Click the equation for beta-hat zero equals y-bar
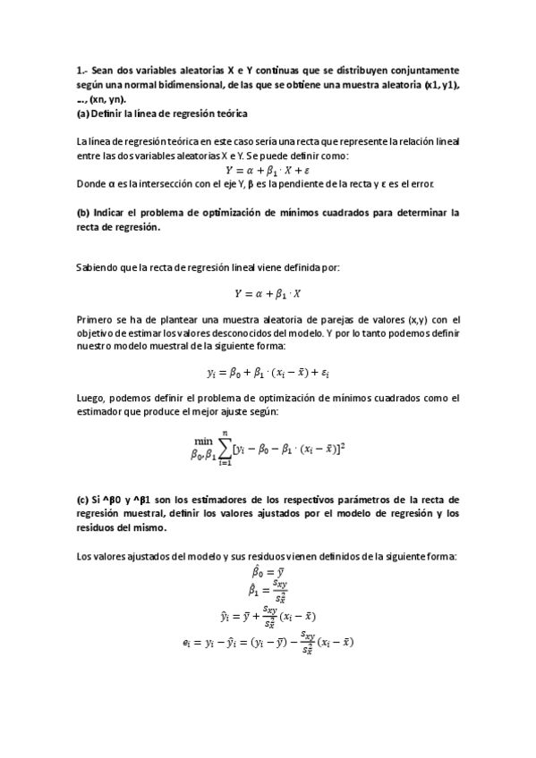pyautogui.click(x=268, y=571)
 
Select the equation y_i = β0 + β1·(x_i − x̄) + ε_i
pyautogui.click(x=268, y=371)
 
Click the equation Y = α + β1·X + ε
pyautogui.click(x=268, y=170)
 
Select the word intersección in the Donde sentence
pyautogui.click(x=160, y=184)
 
